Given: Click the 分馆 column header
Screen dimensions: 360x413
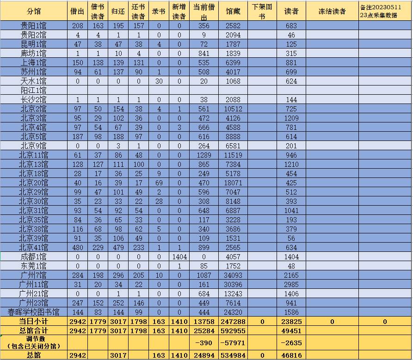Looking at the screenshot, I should (x=34, y=11).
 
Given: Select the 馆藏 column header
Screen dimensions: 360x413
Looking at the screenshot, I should (x=233, y=11).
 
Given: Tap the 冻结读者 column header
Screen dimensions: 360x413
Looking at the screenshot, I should (x=332, y=11).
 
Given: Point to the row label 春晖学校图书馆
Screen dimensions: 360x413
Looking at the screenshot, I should (x=34, y=312).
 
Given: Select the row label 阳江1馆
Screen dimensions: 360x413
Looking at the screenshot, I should (x=34, y=90).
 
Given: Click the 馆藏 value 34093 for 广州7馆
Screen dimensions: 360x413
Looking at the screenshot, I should (x=233, y=275).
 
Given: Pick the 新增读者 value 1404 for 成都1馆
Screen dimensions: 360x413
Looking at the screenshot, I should (x=179, y=256).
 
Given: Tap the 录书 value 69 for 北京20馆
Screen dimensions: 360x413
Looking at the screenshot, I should (x=159, y=183).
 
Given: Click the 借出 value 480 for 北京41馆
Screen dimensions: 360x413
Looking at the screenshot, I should (x=78, y=247).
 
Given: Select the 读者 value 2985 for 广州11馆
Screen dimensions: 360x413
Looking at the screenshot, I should (x=291, y=284).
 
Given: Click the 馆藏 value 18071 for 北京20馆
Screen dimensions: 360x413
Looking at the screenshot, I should (x=233, y=183).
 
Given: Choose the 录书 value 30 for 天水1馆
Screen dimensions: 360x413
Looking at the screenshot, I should (x=159, y=81).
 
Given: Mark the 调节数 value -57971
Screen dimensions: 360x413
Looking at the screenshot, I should (x=233, y=342).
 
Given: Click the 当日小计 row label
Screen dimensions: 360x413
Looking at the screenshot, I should (x=34, y=321).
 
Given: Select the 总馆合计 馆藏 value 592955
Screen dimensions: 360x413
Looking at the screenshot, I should (x=233, y=330).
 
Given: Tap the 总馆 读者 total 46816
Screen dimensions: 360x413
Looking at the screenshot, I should (x=291, y=355).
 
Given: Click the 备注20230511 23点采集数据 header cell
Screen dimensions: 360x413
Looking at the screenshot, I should (x=385, y=11).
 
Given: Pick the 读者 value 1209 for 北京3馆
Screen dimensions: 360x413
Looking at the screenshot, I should (x=291, y=118).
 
